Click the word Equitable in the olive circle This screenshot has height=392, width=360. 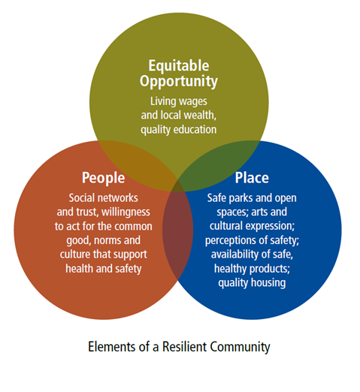click(179, 65)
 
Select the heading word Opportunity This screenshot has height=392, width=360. click(179, 81)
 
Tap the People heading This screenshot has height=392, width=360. click(104, 178)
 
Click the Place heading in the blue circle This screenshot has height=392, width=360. click(252, 178)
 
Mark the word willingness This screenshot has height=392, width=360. click(126, 213)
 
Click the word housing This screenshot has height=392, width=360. click(268, 283)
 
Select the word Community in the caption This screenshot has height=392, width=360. click(240, 348)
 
